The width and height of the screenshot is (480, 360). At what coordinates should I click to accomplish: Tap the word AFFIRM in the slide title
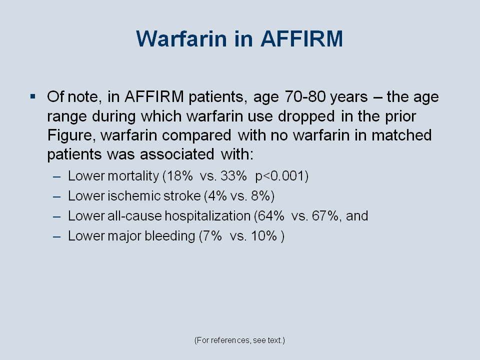pos(301,38)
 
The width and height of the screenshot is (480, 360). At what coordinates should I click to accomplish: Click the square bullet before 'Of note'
pos(33,97)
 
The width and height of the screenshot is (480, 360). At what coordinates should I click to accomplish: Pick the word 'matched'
pos(401,135)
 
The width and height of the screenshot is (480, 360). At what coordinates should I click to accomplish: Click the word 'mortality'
pos(133,176)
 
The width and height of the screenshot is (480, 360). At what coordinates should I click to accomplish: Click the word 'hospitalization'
pos(207,216)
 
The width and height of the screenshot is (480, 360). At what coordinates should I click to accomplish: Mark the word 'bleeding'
pos(169,236)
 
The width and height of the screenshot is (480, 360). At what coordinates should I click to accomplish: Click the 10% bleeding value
pos(264,236)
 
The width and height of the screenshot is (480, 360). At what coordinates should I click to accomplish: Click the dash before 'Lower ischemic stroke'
pos(56,196)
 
